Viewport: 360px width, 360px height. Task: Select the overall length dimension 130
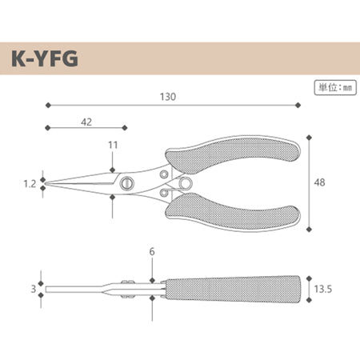[x=168, y=95]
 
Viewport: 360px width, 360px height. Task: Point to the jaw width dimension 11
[x=112, y=145]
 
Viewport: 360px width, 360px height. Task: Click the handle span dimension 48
[x=319, y=182]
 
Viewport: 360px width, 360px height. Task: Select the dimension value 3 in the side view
[x=34, y=288]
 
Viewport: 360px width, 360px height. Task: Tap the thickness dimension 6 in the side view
[x=151, y=254]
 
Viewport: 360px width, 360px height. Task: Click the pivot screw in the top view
[x=126, y=182]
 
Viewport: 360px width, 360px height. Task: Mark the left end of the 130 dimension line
[x=48, y=104]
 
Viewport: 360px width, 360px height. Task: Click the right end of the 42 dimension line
[x=126, y=127]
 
